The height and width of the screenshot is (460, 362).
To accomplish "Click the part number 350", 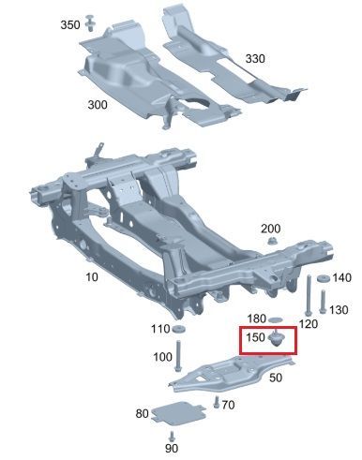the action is pyautogui.click(x=70, y=24).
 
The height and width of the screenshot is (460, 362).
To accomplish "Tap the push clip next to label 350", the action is pyautogui.click(x=90, y=22).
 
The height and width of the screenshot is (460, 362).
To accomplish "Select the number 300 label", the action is pyautogui.click(x=98, y=105).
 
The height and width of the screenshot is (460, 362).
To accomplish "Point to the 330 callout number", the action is pyautogui.click(x=255, y=58).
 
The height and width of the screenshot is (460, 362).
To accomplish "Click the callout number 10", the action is pyautogui.click(x=92, y=277).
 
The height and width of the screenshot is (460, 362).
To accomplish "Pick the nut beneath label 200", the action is pyautogui.click(x=272, y=241).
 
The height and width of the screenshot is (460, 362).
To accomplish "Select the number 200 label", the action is pyautogui.click(x=271, y=229).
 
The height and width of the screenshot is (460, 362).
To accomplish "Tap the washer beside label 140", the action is pyautogui.click(x=322, y=278).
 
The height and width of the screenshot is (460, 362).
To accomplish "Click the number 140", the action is pyautogui.click(x=341, y=277).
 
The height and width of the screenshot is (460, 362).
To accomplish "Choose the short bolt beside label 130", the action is pyautogui.click(x=323, y=302).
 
